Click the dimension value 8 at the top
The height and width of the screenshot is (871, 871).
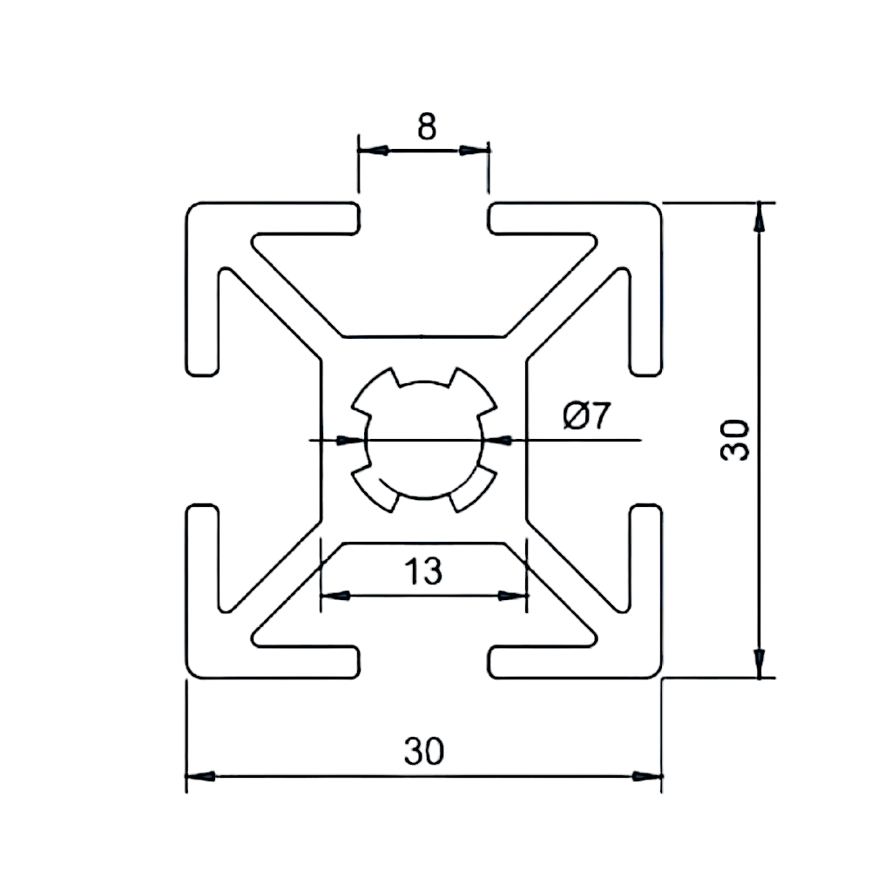[425, 127]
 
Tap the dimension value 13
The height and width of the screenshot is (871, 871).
[424, 572]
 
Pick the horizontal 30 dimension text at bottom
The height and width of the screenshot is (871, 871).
[424, 750]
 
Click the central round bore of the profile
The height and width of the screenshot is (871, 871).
[424, 440]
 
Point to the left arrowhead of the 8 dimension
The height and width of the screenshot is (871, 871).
[372, 151]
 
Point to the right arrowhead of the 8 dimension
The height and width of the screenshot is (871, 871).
[475, 151]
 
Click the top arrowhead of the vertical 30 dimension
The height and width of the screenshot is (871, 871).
[761, 217]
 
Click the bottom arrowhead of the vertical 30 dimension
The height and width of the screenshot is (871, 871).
[761, 663]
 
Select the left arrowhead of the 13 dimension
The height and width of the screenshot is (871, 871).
[335, 596]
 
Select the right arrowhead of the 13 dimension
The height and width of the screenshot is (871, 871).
[513, 596]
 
